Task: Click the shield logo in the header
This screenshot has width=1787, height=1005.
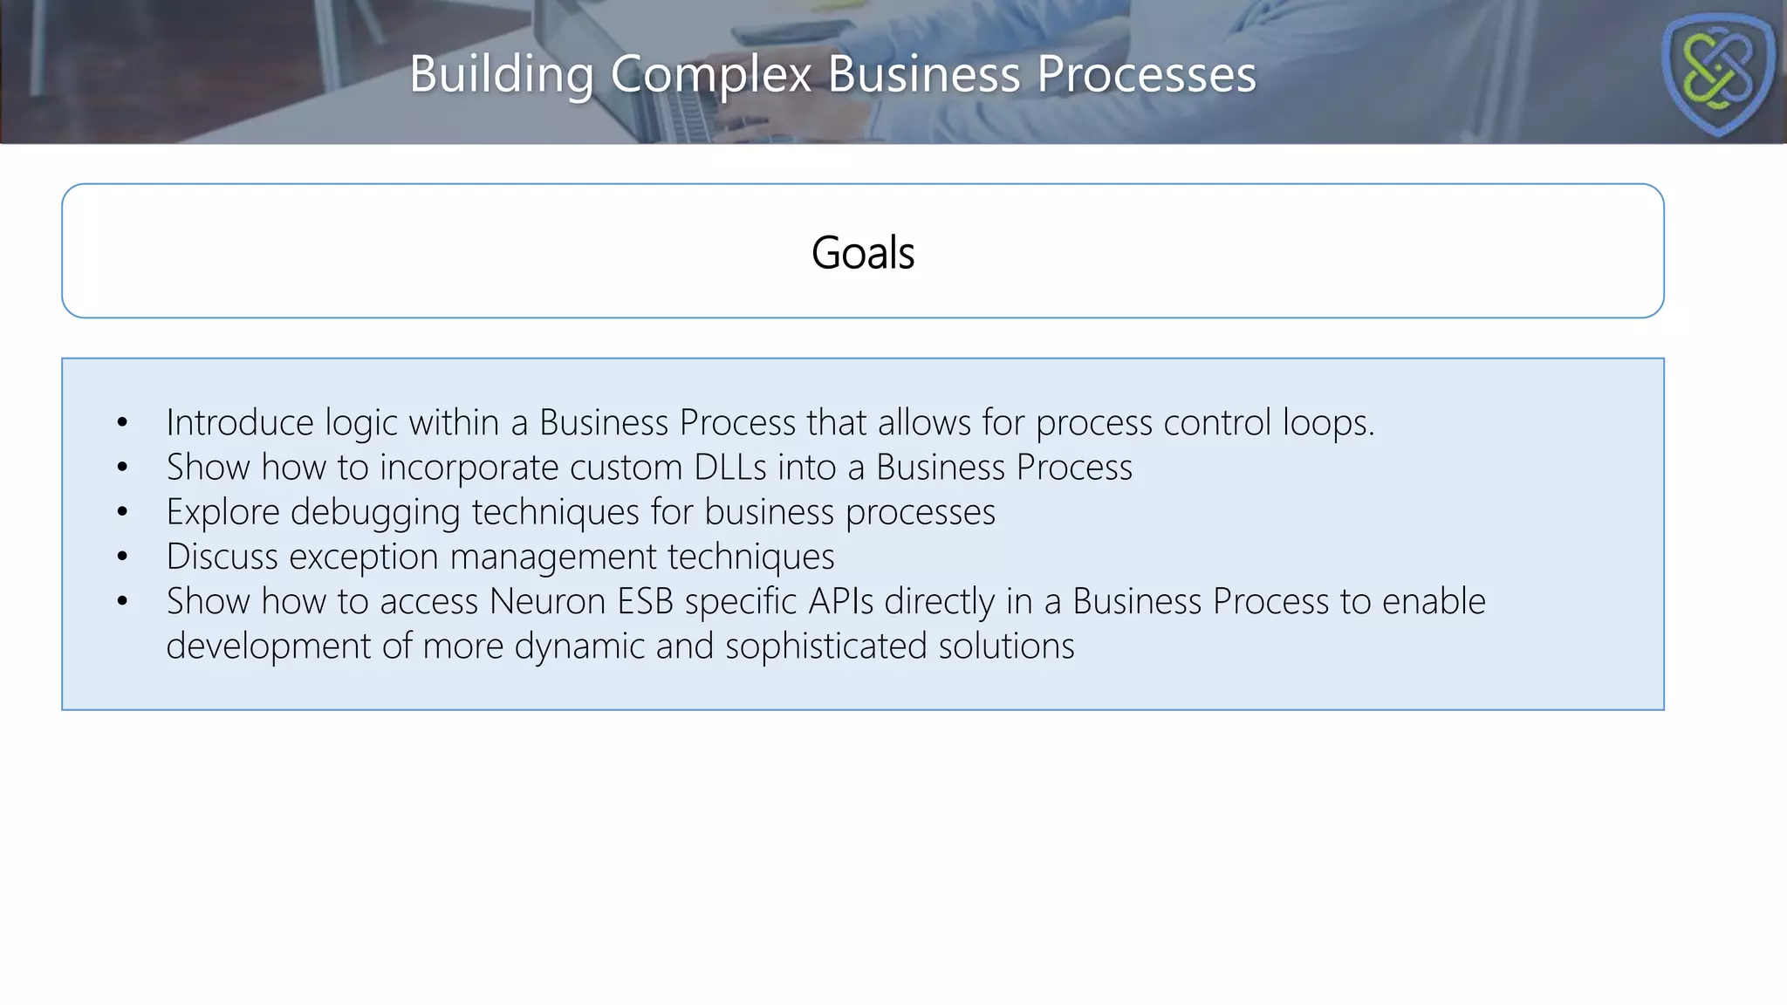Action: [x=1717, y=74]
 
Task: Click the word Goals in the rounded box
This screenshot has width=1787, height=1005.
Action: [x=863, y=253]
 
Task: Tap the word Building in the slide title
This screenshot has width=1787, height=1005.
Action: [x=502, y=74]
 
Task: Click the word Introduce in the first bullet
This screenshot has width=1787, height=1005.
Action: [x=240, y=423]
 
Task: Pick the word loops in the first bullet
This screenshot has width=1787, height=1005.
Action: [x=1326, y=423]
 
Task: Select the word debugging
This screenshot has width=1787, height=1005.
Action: [x=375, y=513]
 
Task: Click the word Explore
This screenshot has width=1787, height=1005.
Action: [x=223, y=513]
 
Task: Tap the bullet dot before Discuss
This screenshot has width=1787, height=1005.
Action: [x=122, y=557]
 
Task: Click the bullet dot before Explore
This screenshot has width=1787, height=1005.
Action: [x=122, y=512]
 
